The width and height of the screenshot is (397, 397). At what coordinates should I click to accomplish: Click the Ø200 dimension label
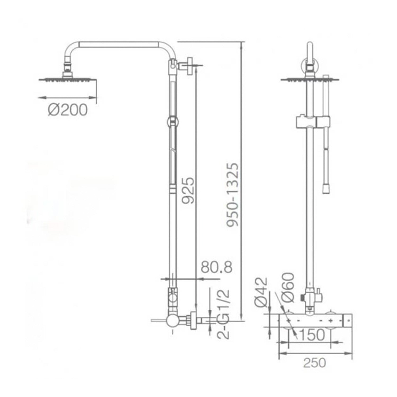[67, 110]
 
